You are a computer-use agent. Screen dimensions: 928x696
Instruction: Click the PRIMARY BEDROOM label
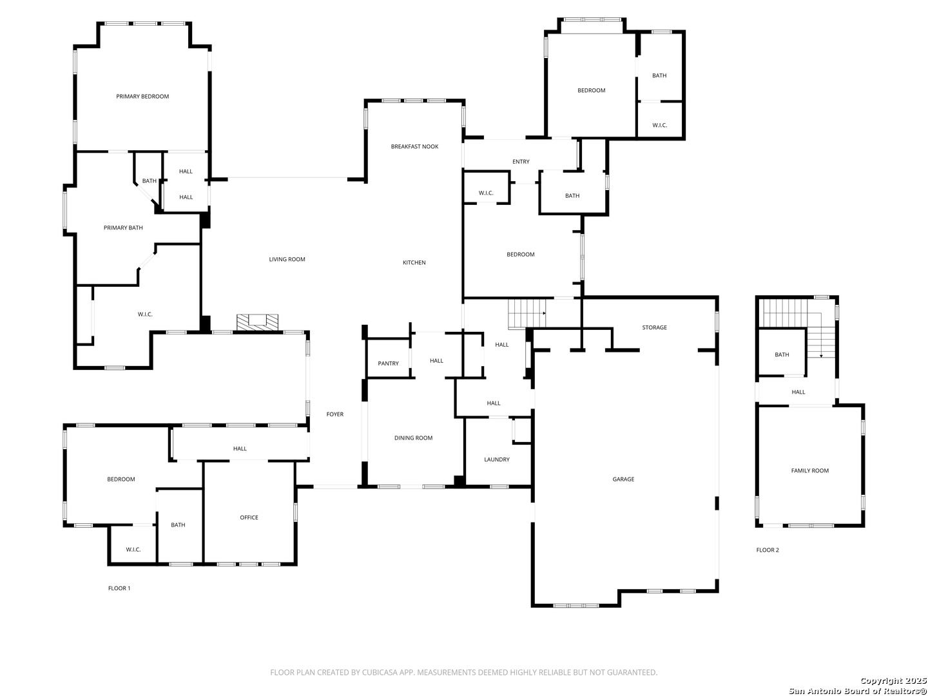click(x=142, y=97)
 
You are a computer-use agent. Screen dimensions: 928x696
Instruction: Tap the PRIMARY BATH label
click(x=123, y=227)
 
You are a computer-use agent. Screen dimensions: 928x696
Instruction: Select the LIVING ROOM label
click(x=287, y=260)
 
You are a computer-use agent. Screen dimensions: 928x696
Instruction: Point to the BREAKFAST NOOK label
click(x=414, y=147)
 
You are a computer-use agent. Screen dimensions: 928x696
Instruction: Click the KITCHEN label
click(x=414, y=262)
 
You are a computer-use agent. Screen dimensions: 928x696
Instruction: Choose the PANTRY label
click(x=388, y=363)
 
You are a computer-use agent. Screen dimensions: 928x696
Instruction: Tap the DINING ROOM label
click(x=413, y=438)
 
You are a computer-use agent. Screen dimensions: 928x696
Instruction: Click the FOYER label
click(x=335, y=414)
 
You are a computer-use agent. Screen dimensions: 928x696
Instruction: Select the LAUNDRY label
click(x=497, y=459)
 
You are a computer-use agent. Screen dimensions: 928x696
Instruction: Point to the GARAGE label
click(x=623, y=479)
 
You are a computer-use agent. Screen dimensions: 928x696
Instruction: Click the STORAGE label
click(x=654, y=327)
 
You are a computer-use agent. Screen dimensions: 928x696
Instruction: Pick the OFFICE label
click(x=249, y=517)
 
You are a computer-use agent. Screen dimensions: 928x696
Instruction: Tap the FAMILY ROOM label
click(x=809, y=470)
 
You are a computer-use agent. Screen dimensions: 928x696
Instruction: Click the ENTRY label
click(x=521, y=162)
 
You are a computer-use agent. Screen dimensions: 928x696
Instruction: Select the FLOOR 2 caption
click(x=768, y=550)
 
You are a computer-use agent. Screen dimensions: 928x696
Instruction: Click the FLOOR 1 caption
click(x=119, y=588)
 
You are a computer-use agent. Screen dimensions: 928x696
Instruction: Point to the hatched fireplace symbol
click(x=257, y=322)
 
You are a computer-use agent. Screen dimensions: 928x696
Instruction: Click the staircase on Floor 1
click(x=527, y=313)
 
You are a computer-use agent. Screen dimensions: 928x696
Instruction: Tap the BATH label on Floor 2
click(x=782, y=355)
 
